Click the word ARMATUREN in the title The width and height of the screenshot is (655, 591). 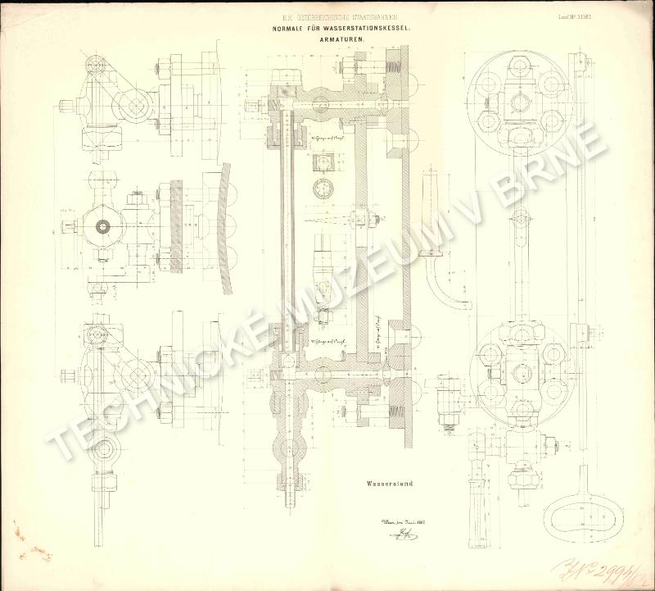tap(345, 38)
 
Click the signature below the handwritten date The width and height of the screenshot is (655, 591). tap(400, 535)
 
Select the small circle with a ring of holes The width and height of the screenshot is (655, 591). tap(322, 188)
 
